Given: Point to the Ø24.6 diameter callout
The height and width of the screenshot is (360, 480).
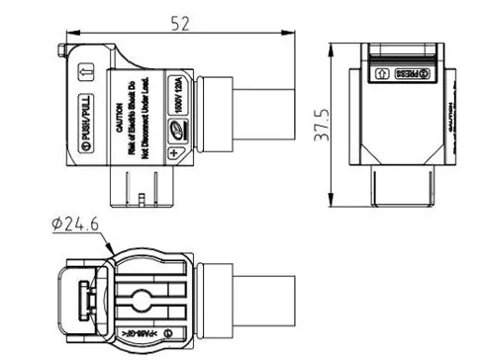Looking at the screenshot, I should (x=76, y=225).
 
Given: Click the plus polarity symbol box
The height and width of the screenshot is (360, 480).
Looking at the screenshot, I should (x=175, y=152).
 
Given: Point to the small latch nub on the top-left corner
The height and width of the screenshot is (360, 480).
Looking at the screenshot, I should (x=61, y=48).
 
